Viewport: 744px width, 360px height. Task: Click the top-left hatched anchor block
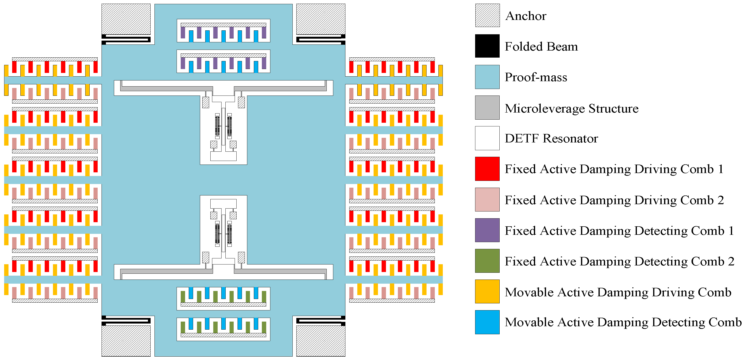coord(126,19)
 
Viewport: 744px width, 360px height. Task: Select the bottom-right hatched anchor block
coord(321,341)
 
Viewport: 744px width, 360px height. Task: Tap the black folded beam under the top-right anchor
coord(321,40)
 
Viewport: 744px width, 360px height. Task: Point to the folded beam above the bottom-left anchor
coord(126,321)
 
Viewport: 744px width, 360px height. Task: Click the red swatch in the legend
coord(487,169)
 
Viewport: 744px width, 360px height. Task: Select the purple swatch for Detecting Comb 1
coord(487,230)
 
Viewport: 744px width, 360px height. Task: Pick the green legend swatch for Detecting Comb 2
coord(487,261)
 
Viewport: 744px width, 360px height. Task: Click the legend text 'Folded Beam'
coord(541,46)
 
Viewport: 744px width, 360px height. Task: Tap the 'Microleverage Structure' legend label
coord(571,108)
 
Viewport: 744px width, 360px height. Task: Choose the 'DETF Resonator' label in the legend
coord(551,138)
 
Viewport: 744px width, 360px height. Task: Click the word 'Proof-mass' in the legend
coord(536,77)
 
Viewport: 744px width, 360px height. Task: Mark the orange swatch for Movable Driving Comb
coord(487,291)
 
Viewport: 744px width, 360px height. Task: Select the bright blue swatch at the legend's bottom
coord(487,322)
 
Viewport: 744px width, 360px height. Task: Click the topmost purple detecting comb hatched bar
coord(223,25)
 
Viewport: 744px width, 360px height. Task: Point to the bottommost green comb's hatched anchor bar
coord(223,335)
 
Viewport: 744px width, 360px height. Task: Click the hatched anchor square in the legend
coord(487,15)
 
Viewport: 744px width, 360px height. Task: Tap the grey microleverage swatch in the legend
coord(487,107)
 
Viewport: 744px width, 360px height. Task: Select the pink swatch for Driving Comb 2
coord(487,199)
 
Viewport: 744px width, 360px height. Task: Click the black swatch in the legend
coord(487,46)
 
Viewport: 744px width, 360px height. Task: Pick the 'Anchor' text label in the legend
coord(526,16)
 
